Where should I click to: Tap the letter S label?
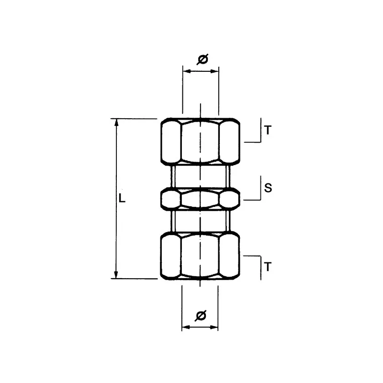[268, 188]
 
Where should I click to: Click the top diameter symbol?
[202, 59]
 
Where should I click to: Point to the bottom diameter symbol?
[201, 315]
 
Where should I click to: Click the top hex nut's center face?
[201, 142]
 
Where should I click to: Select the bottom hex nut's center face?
[201, 256]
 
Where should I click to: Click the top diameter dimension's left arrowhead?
[186, 71]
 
